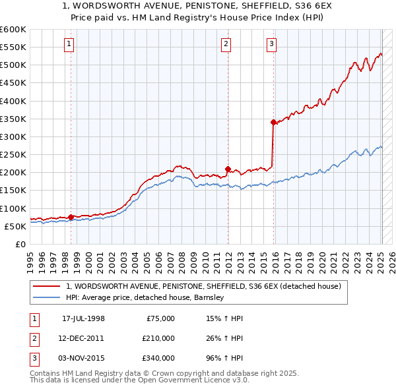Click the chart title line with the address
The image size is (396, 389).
(198, 6)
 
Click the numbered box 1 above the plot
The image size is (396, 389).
(69, 44)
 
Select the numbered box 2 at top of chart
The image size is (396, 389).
(226, 44)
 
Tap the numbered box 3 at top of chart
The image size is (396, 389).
(271, 44)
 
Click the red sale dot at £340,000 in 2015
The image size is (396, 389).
(273, 122)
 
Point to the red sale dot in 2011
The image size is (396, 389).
(228, 169)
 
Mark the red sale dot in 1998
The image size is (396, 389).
(71, 217)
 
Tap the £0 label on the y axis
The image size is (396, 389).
(20, 244)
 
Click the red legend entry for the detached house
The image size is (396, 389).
(203, 286)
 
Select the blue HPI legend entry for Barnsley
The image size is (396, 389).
(145, 297)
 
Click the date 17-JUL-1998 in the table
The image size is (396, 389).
(83, 318)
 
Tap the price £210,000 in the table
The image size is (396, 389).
(158, 338)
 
